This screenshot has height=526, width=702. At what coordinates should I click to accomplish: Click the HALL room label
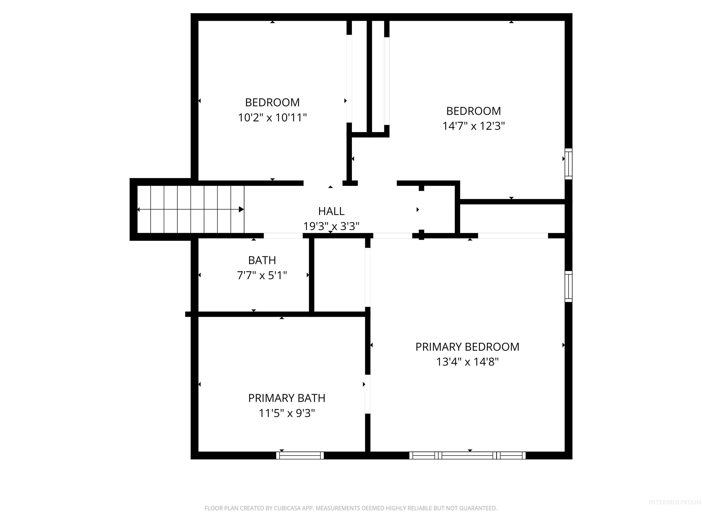click(331, 211)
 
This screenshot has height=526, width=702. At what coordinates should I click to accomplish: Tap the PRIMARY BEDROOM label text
click(467, 347)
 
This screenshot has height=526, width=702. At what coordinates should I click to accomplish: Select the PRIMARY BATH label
click(287, 398)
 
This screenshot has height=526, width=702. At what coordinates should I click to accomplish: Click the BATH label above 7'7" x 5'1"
click(262, 260)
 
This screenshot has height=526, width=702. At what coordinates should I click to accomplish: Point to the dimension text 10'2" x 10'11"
click(272, 118)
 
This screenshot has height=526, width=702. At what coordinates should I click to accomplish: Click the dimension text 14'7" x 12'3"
click(473, 126)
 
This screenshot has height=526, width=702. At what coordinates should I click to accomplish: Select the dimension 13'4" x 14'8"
click(467, 362)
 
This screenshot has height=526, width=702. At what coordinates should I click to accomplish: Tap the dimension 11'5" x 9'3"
click(287, 413)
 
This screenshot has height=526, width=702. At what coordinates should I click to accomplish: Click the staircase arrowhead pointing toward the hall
click(241, 209)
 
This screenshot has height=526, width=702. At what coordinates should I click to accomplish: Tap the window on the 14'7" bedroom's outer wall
click(568, 164)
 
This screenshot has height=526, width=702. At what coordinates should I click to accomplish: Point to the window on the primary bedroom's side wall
click(568, 286)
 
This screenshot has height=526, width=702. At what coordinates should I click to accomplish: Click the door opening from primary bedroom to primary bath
click(367, 394)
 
